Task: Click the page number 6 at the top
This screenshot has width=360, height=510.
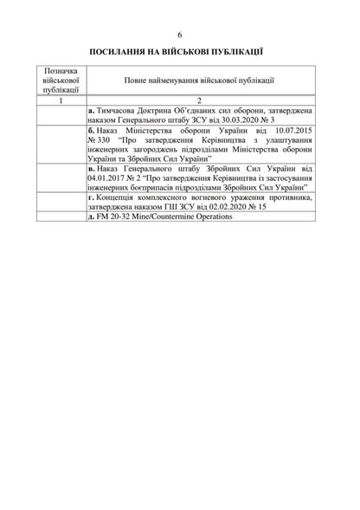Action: pos(180,34)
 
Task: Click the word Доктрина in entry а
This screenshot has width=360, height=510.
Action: pos(163,111)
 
